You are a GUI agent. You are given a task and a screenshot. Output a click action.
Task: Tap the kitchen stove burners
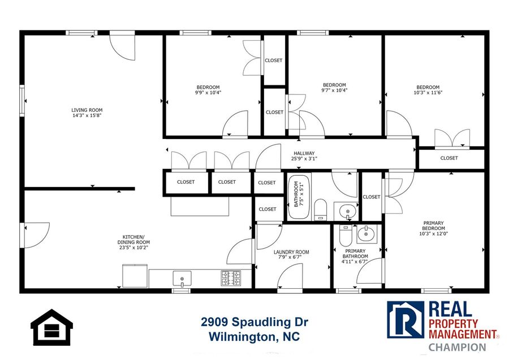(x=231, y=278)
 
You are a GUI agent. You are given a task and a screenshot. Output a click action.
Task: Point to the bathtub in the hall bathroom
(x=299, y=197)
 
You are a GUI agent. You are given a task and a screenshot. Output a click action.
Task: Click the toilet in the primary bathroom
(x=346, y=236)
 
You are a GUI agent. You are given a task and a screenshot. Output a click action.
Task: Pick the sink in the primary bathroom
(x=367, y=234)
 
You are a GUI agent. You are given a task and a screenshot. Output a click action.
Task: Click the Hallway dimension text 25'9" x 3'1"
(x=304, y=159)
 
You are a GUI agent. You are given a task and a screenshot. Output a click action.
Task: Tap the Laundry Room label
(x=291, y=252)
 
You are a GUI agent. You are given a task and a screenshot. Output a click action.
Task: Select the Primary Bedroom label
(x=433, y=225)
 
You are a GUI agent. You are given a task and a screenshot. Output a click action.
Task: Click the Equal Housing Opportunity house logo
(x=51, y=328)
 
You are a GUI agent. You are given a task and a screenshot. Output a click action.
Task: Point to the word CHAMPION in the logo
(x=457, y=347)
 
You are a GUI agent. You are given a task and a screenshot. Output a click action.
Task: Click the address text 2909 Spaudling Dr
(x=255, y=322)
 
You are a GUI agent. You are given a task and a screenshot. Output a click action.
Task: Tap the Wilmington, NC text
(x=254, y=337)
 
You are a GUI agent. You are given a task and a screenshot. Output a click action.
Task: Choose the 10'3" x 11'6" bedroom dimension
(x=428, y=92)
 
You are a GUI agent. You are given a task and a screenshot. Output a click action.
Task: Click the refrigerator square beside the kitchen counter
(x=135, y=276)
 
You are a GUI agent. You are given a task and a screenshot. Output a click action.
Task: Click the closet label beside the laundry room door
(x=268, y=209)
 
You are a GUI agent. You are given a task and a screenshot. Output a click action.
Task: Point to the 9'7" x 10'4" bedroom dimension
(x=334, y=90)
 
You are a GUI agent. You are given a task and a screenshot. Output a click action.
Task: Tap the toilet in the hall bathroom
(x=321, y=210)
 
